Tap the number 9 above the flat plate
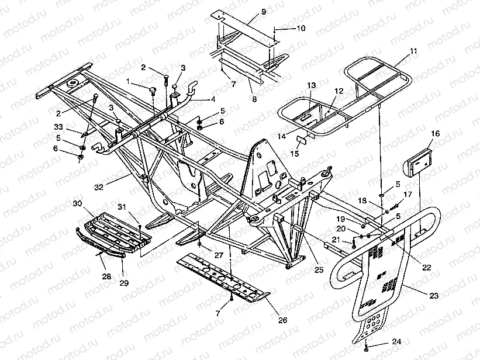[247, 12]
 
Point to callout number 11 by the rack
[414, 51]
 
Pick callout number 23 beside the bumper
[433, 296]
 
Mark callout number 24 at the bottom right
[397, 341]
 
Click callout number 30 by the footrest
[77, 203]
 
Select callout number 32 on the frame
[99, 188]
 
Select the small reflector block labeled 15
[302, 141]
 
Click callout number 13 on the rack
[311, 86]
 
